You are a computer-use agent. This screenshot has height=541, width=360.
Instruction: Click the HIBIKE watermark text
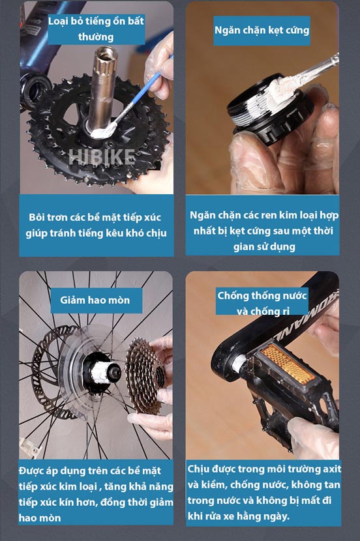(102, 157)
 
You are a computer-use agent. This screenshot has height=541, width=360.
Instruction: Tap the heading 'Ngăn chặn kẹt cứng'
(262, 30)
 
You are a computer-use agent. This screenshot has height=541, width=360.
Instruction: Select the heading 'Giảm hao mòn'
(95, 300)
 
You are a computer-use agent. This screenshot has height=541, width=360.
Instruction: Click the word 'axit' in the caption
(332, 469)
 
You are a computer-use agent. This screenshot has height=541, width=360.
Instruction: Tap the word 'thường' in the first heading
(96, 37)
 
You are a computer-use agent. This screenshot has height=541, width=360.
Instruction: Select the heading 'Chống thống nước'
(262, 295)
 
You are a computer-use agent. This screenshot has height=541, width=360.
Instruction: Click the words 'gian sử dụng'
(264, 246)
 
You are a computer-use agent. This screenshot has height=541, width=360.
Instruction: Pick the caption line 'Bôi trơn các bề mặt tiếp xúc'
(95, 217)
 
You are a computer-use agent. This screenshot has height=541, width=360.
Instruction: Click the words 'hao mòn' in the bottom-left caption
(40, 518)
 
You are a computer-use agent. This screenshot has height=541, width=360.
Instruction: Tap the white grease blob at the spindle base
(102, 131)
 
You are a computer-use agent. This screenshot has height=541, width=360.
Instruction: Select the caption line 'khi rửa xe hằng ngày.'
(238, 516)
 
